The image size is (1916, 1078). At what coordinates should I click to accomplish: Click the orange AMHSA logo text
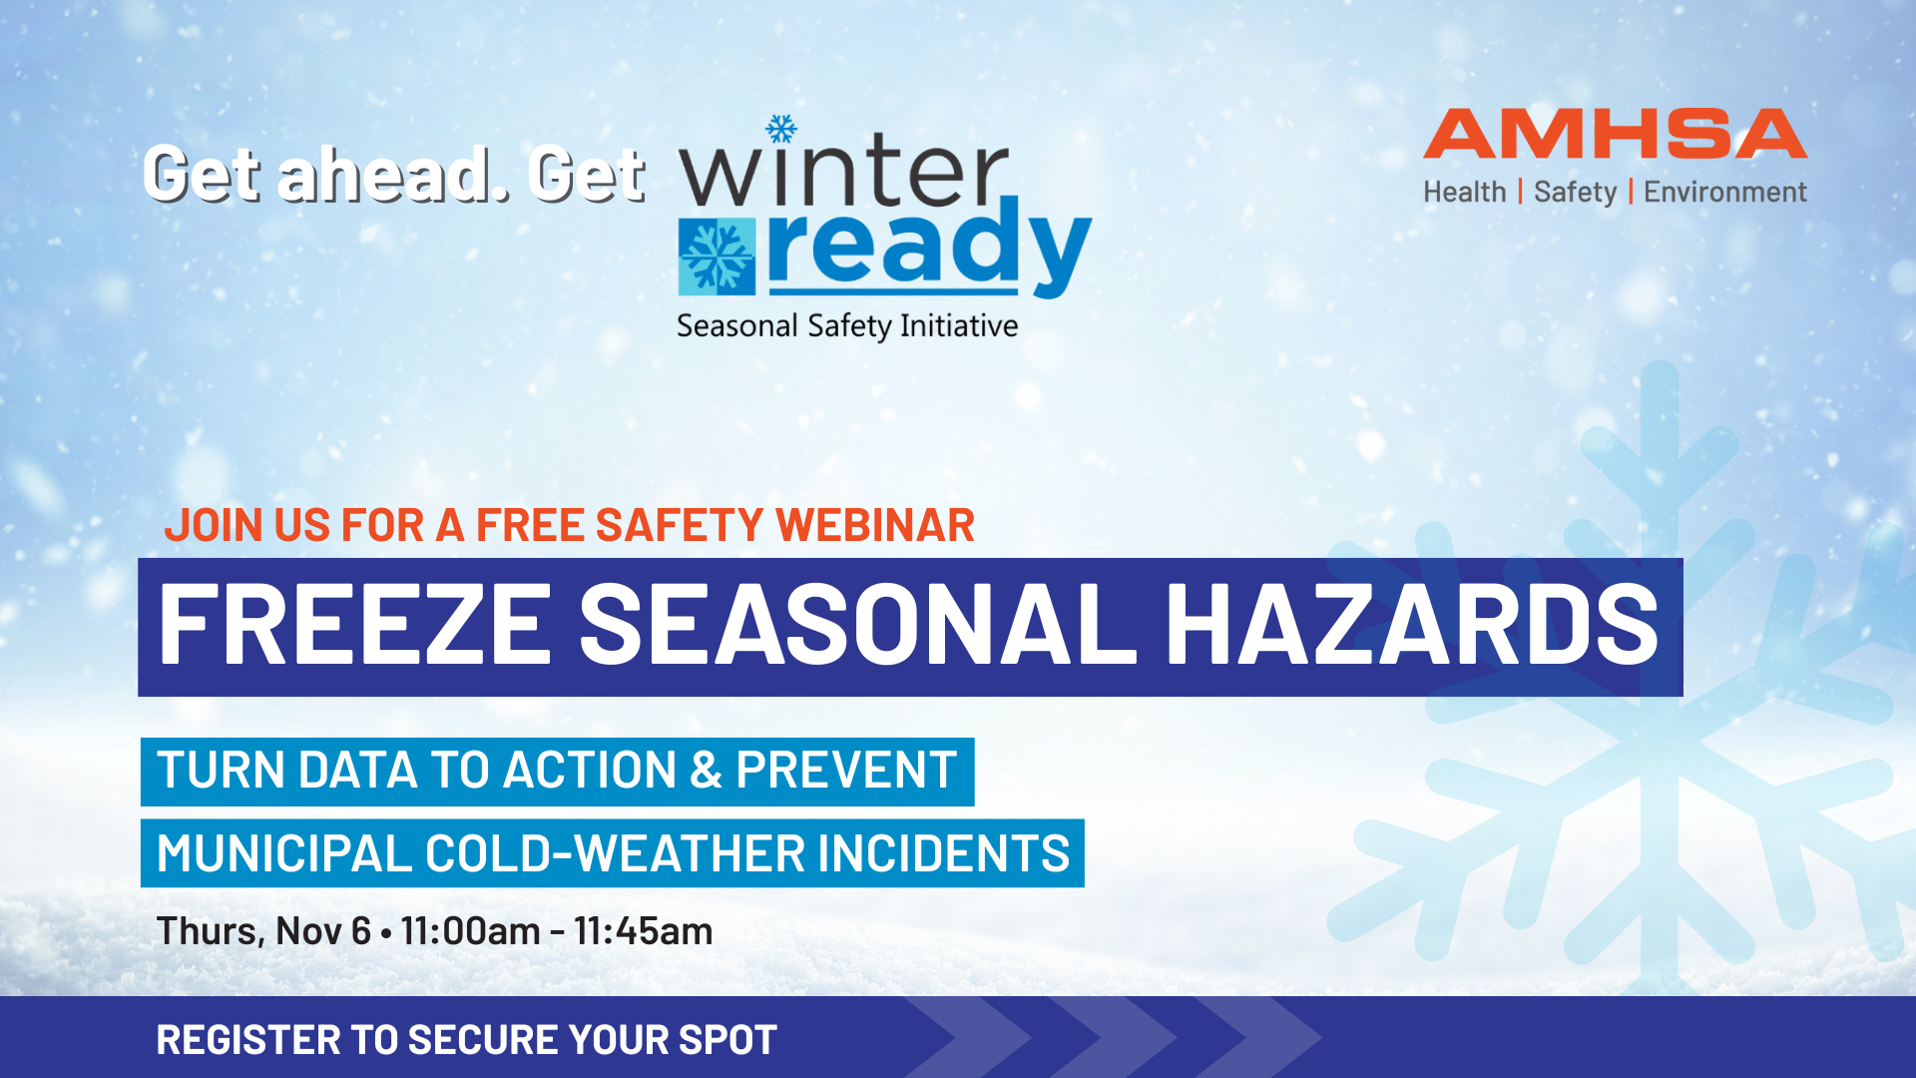click(x=1615, y=134)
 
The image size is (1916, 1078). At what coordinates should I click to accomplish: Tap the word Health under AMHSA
click(x=1464, y=192)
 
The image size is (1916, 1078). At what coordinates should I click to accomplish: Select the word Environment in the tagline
click(x=1725, y=192)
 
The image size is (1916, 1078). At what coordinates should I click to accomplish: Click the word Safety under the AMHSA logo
click(x=1575, y=193)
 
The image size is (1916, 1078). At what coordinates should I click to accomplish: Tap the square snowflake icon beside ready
click(x=717, y=257)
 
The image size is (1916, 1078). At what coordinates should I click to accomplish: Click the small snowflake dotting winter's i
click(x=781, y=129)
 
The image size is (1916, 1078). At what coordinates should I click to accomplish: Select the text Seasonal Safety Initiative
click(x=847, y=326)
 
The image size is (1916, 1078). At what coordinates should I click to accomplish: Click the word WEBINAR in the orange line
click(x=875, y=525)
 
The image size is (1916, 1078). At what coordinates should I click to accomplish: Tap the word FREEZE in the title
click(x=355, y=625)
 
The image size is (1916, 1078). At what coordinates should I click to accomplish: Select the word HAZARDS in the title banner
click(x=1412, y=625)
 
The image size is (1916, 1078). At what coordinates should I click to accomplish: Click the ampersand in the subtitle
click(x=706, y=771)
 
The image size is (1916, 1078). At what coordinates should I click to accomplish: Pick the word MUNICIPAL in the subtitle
click(x=284, y=854)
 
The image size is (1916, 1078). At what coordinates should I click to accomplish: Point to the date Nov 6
click(x=323, y=931)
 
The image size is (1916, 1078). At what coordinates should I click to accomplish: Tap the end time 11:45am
click(x=644, y=931)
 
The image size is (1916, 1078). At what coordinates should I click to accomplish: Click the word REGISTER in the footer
click(x=248, y=1040)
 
